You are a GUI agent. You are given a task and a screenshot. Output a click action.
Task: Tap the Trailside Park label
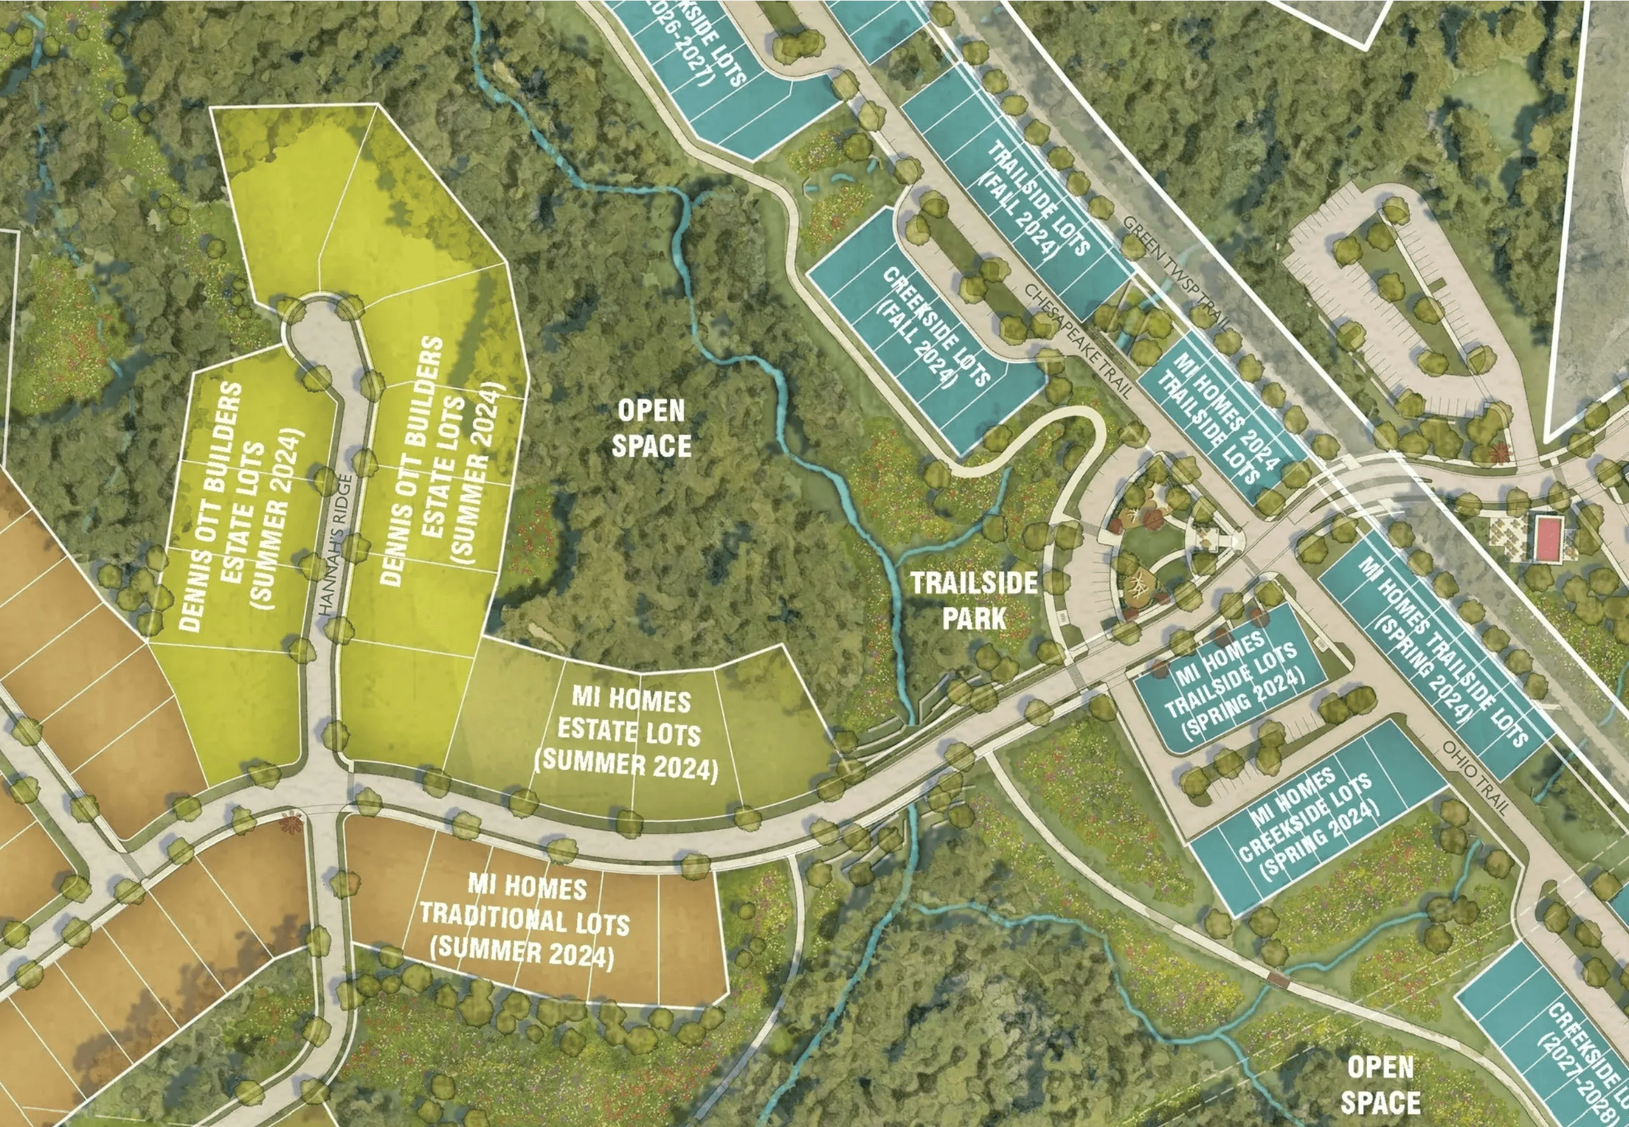(974, 600)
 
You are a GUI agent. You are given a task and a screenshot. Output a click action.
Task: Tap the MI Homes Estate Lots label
(628, 735)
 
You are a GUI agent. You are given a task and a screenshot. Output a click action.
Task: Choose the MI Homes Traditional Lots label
(524, 921)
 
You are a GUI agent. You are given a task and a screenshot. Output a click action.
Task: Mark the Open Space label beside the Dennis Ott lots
(650, 428)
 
